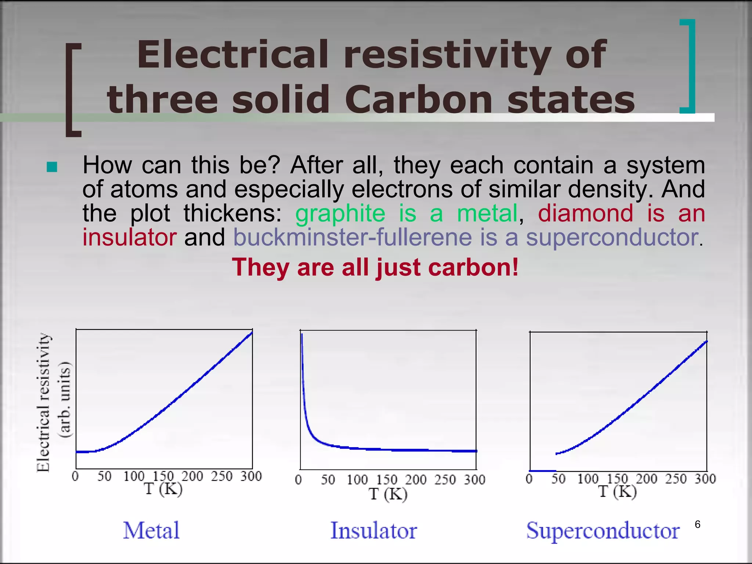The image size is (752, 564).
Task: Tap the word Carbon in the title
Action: pyautogui.click(x=418, y=100)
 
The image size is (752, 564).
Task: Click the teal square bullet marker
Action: pyautogui.click(x=52, y=167)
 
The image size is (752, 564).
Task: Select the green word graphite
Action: pyautogui.click(x=340, y=213)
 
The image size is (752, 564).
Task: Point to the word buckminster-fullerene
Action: pyautogui.click(x=352, y=237)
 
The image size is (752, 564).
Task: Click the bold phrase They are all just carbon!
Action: pyautogui.click(x=375, y=267)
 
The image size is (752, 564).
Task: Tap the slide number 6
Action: pyautogui.click(x=698, y=524)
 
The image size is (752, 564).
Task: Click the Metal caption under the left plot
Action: pyautogui.click(x=151, y=530)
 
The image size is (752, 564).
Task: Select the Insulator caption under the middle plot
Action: pyautogui.click(x=373, y=531)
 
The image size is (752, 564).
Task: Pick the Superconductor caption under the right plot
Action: pyautogui.click(x=603, y=531)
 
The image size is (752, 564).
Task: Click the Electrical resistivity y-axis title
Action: pyautogui.click(x=43, y=402)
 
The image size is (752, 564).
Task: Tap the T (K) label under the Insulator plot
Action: pyautogui.click(x=388, y=494)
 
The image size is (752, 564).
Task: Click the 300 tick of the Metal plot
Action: pyautogui.click(x=251, y=476)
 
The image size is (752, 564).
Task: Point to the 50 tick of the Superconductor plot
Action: pyautogui.click(x=558, y=479)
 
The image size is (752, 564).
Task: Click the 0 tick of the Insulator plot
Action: pyautogui.click(x=299, y=480)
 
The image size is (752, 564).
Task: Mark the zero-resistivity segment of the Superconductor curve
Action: pyautogui.click(x=543, y=471)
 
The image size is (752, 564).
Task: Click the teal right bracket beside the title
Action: pyautogui.click(x=689, y=66)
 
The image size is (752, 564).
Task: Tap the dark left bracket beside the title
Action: pyautogui.click(x=73, y=90)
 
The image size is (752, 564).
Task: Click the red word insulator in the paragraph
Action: pyautogui.click(x=129, y=237)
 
